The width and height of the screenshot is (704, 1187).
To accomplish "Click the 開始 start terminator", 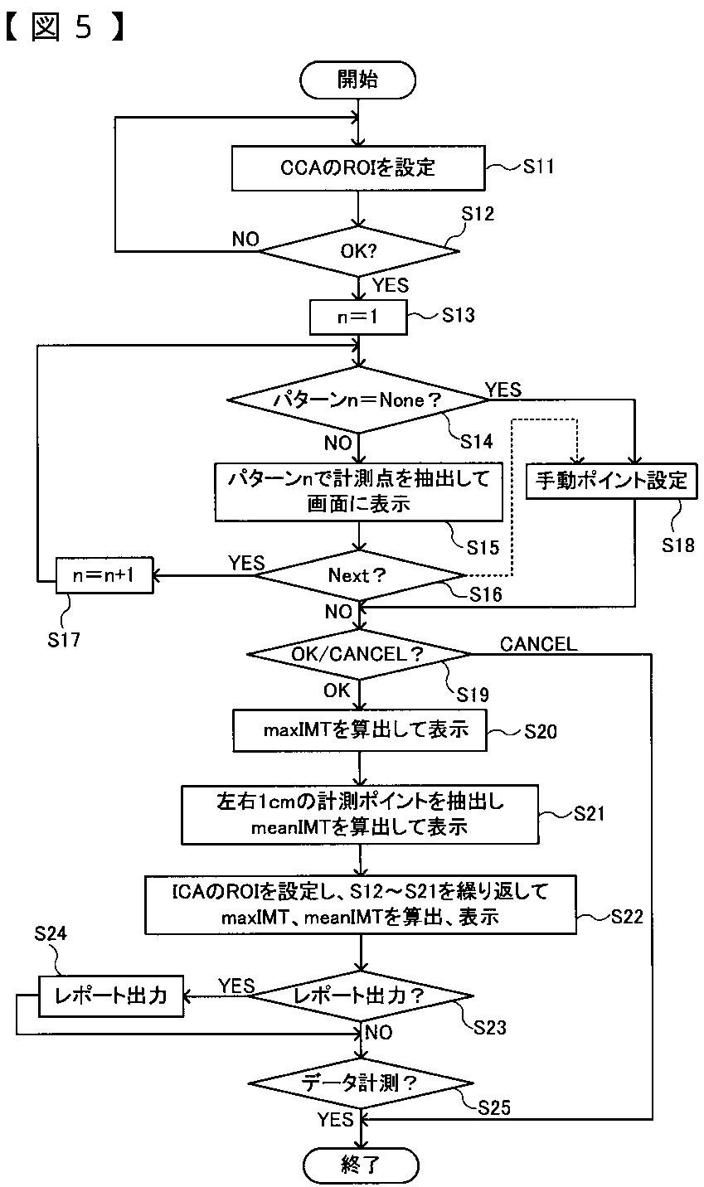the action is pos(358,80).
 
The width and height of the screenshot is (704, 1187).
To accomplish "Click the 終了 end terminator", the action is pos(361,1165).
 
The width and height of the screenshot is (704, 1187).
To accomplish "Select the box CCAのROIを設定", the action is pos(358,168).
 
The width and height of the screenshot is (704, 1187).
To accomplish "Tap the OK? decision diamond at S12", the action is pos(359,250).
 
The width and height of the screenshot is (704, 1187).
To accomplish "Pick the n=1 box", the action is pos(358,317).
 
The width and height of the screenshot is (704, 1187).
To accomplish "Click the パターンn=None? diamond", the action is pos(358,400).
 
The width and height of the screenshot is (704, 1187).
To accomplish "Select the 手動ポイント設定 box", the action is pos(611,481).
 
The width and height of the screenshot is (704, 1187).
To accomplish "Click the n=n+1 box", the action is pos(104,575).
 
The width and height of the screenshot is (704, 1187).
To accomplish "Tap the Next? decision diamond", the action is pos(359,575).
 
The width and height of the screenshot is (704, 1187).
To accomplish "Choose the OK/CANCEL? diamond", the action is pos(358,655).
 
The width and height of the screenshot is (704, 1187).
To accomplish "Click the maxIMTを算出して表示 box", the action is pos(360,731).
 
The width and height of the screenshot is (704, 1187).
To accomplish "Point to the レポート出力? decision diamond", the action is pos(361,996).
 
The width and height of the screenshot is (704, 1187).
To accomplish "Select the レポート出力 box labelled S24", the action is pos(111,996).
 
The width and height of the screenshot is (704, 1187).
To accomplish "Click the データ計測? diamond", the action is pos(361,1083).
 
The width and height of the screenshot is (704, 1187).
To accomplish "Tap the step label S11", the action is pos(539,167).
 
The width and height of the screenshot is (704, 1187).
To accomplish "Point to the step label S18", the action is pos(678,545).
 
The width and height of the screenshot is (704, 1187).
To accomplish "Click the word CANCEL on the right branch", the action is pos(538,644).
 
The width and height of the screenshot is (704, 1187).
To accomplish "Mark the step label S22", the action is pos(627,916).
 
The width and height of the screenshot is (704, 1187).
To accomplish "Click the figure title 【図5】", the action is pos(65,27).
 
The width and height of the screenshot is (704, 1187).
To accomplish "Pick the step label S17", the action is pos(64,640).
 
